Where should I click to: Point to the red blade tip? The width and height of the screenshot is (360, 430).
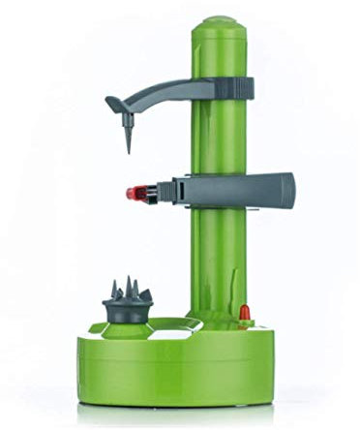click(x=133, y=192)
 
